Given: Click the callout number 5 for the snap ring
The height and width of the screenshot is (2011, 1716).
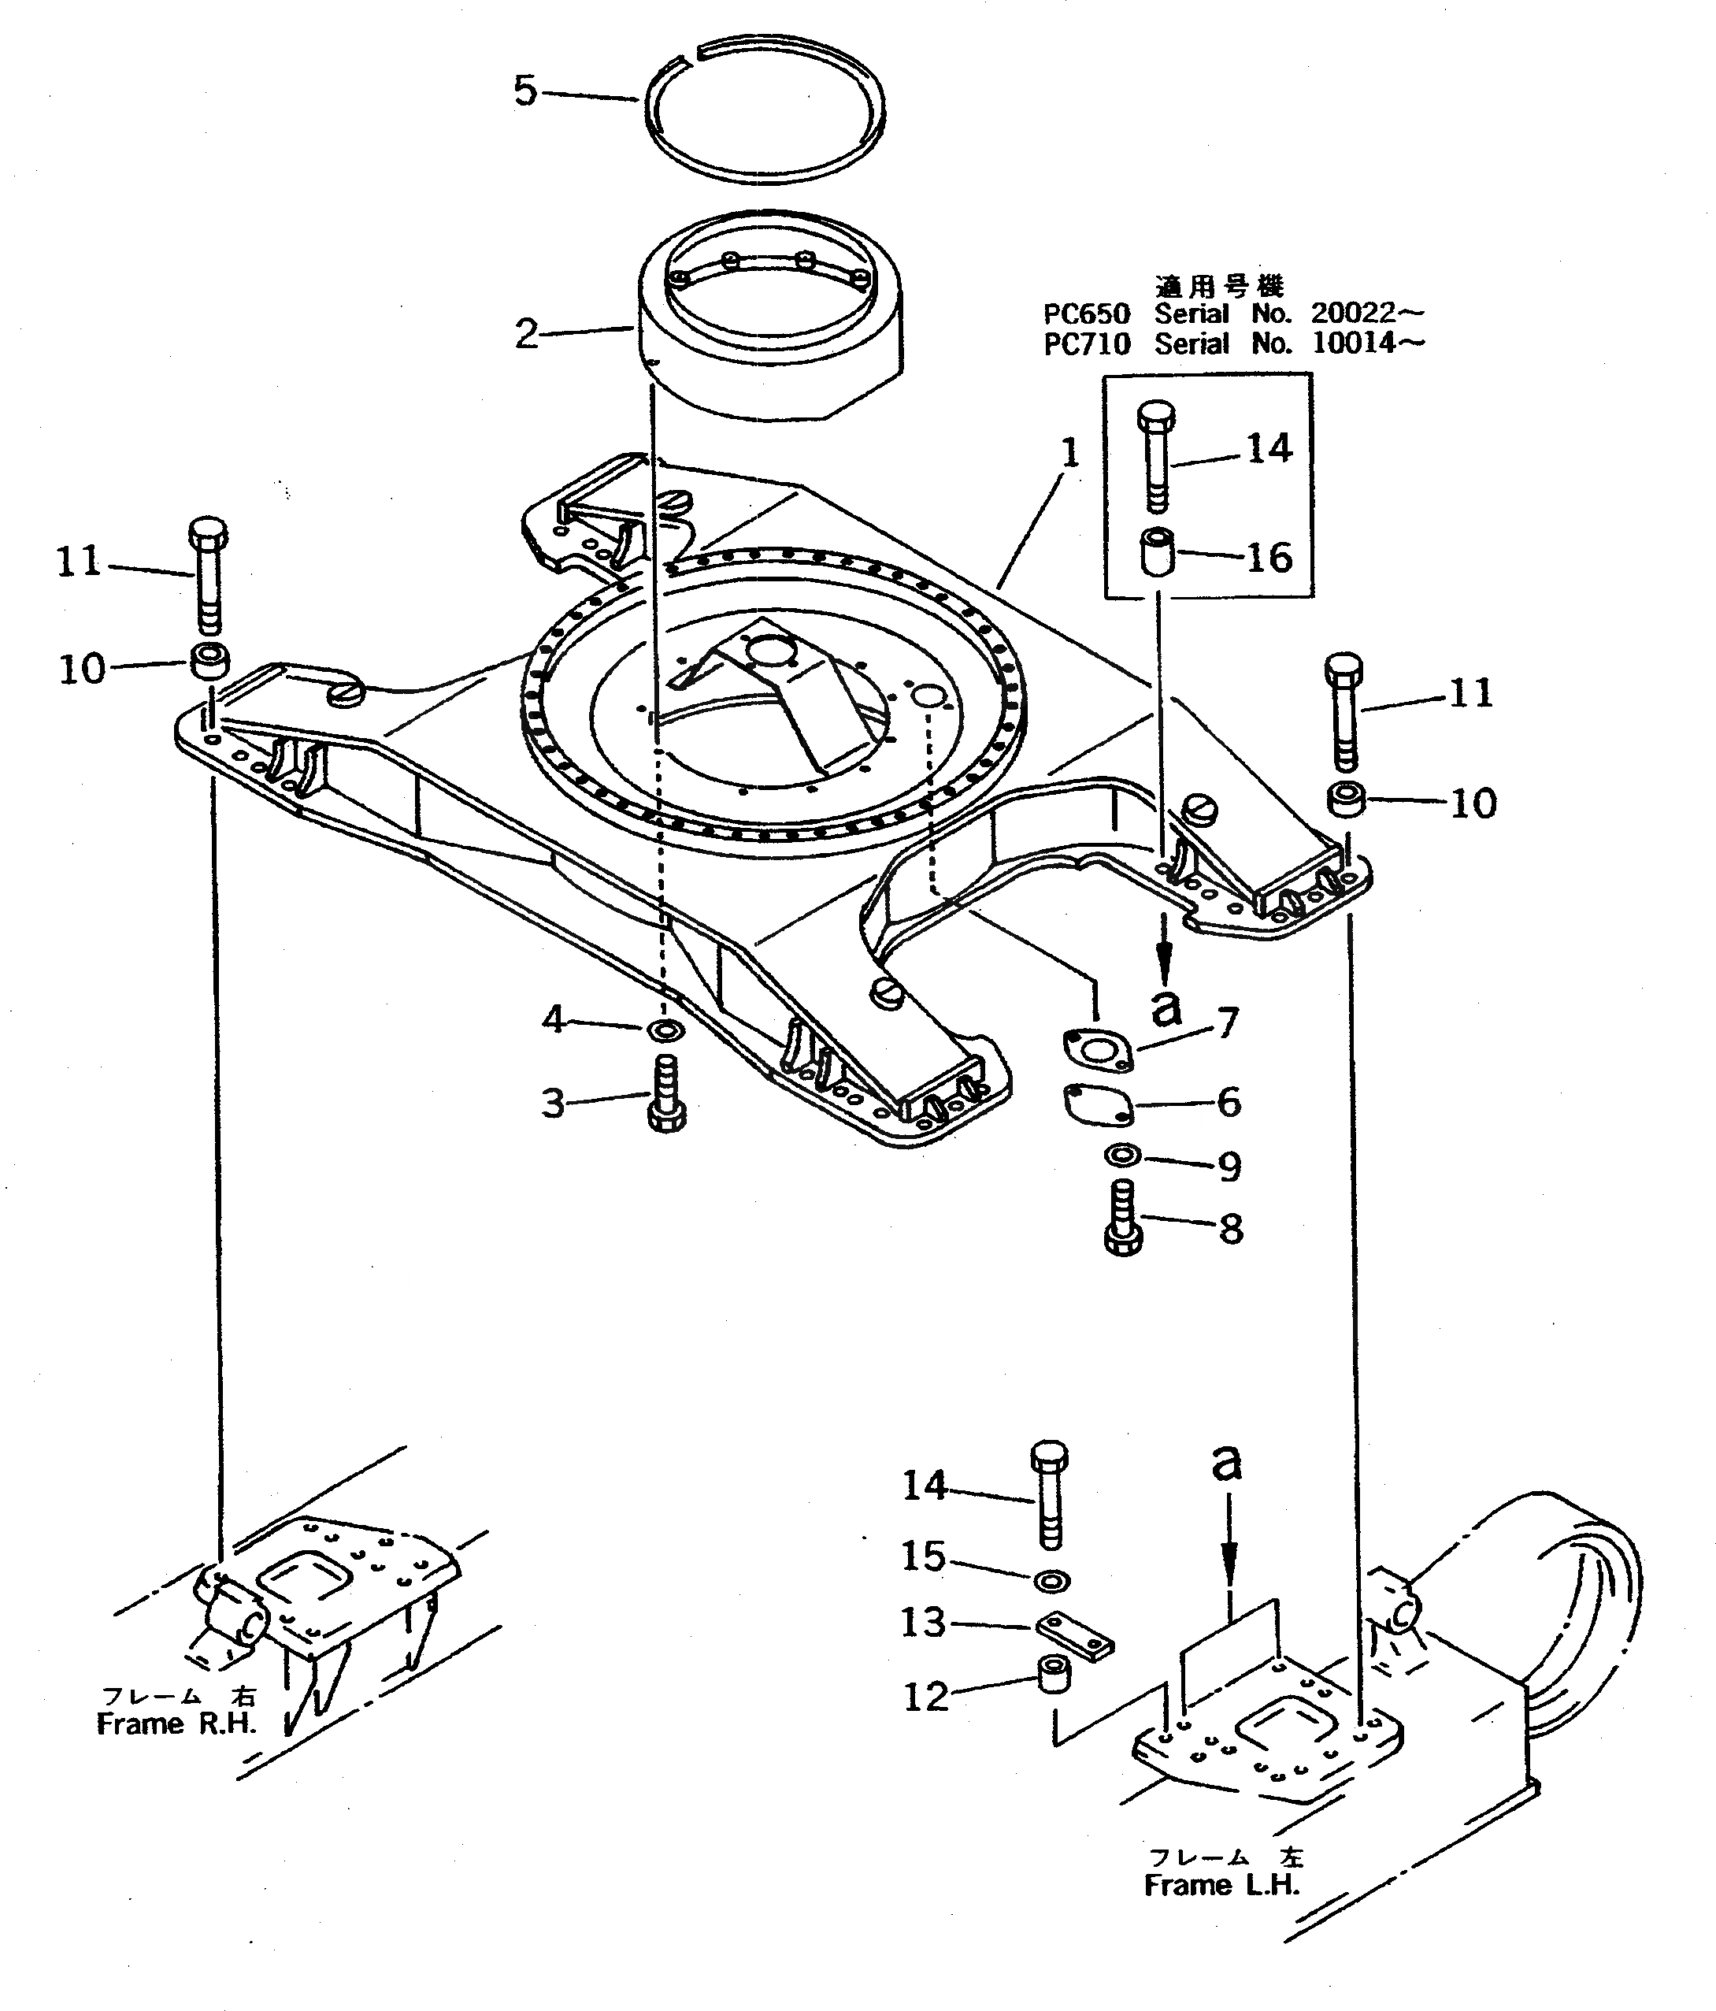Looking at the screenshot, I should click(x=525, y=91).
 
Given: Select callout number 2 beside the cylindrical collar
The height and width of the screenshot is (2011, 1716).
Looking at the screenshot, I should click(x=526, y=334).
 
